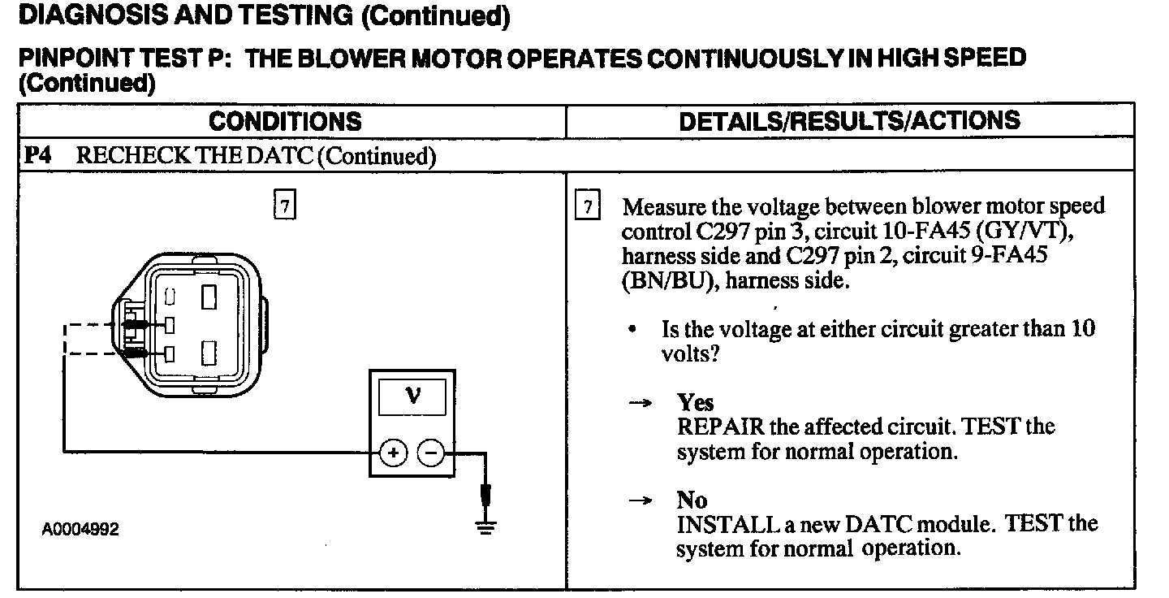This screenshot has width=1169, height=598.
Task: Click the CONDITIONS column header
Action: (285, 122)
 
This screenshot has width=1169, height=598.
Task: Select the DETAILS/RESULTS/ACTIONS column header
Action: (849, 122)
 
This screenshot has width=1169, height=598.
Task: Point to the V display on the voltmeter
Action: (412, 397)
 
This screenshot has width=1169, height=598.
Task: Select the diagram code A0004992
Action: (81, 530)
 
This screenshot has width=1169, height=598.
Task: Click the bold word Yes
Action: (696, 403)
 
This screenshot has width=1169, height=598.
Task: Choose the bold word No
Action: (692, 500)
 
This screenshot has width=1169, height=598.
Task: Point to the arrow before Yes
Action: (643, 404)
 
